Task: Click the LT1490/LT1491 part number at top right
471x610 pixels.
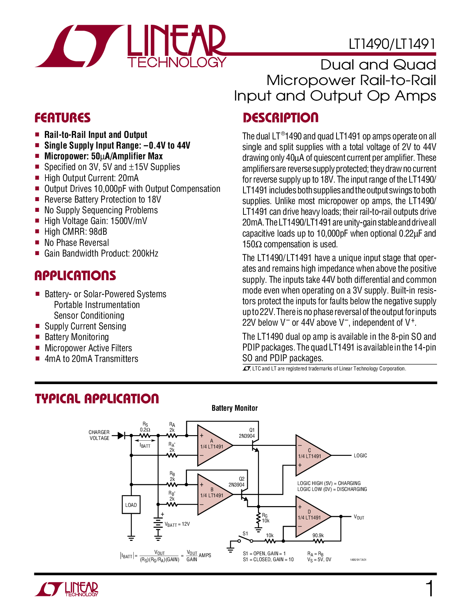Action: point(392,44)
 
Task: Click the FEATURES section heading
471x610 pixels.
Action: point(62,118)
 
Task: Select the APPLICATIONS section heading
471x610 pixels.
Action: point(75,276)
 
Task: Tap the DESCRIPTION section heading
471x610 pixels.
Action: point(280,118)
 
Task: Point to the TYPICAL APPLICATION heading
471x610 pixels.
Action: point(97,399)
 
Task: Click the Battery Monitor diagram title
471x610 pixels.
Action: point(235,408)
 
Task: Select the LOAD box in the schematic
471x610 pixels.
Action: point(131,505)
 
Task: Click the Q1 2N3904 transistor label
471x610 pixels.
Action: point(247,433)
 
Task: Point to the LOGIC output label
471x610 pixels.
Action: point(360,455)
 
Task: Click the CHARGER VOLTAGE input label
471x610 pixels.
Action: point(99,435)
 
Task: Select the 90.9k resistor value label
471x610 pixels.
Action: point(318,535)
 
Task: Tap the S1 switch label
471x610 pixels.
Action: point(245,533)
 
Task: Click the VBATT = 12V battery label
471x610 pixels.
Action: point(177,524)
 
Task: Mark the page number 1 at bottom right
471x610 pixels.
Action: point(430,589)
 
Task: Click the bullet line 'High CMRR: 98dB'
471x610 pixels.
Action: point(75,232)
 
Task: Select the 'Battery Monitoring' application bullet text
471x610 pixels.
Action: point(76,337)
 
